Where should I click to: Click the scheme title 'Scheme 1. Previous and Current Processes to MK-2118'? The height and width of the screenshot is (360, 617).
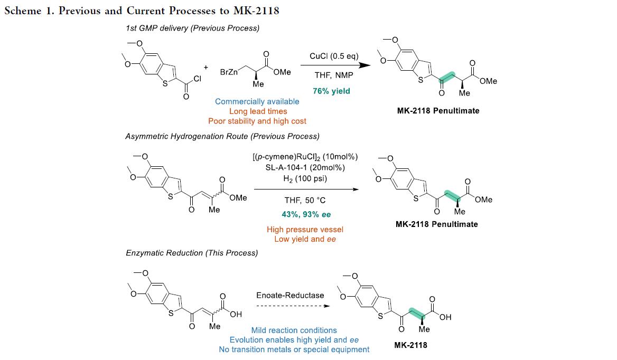pyautogui.click(x=142, y=11)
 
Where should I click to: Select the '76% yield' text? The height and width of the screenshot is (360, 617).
pyautogui.click(x=331, y=91)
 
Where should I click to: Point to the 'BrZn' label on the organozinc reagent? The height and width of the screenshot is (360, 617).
pyautogui.click(x=229, y=72)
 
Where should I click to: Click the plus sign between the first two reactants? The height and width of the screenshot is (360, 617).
pyautogui.click(x=205, y=67)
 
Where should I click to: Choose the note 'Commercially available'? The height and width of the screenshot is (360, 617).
pyautogui.click(x=257, y=101)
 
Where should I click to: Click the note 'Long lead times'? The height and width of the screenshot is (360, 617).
pyautogui.click(x=258, y=111)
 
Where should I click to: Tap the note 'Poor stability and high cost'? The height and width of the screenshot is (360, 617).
pyautogui.click(x=257, y=121)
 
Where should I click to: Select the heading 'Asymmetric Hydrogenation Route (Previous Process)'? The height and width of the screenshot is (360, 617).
pyautogui.click(x=222, y=136)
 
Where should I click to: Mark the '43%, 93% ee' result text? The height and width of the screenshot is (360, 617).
pyautogui.click(x=306, y=215)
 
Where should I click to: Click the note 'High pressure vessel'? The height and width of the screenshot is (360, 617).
pyautogui.click(x=305, y=229)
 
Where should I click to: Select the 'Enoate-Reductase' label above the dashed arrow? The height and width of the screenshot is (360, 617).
pyautogui.click(x=290, y=295)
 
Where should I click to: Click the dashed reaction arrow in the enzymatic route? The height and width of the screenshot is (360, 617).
pyautogui.click(x=291, y=306)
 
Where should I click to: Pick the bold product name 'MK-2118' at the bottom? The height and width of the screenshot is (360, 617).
pyautogui.click(x=411, y=345)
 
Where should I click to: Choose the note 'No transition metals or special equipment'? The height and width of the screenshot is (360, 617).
pyautogui.click(x=294, y=349)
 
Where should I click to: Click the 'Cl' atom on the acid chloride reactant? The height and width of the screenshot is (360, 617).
pyautogui.click(x=198, y=79)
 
